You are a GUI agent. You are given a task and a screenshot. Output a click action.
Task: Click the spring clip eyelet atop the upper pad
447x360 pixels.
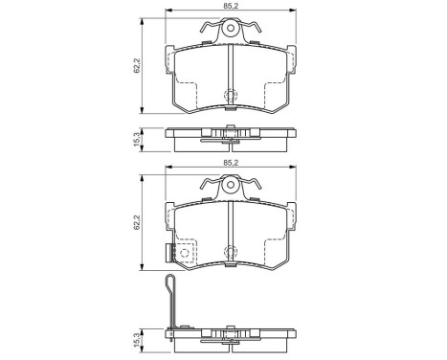[230, 30]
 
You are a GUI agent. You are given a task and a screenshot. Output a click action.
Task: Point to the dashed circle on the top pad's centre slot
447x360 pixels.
[230, 96]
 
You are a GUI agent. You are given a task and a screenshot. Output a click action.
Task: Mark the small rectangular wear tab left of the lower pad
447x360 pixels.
[168, 254]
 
